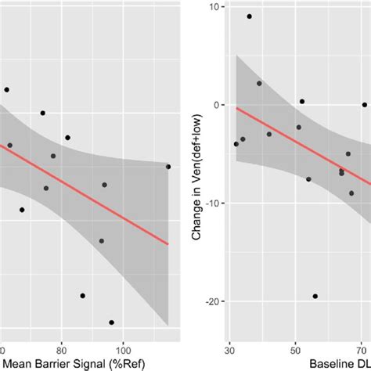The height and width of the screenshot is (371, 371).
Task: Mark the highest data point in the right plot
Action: pyautogui.click(x=249, y=16)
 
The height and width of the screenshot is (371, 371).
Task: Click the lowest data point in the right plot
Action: pyautogui.click(x=315, y=297)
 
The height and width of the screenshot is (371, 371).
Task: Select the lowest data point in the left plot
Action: pyautogui.click(x=111, y=322)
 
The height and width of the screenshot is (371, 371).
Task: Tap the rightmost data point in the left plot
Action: pyautogui.click(x=168, y=167)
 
